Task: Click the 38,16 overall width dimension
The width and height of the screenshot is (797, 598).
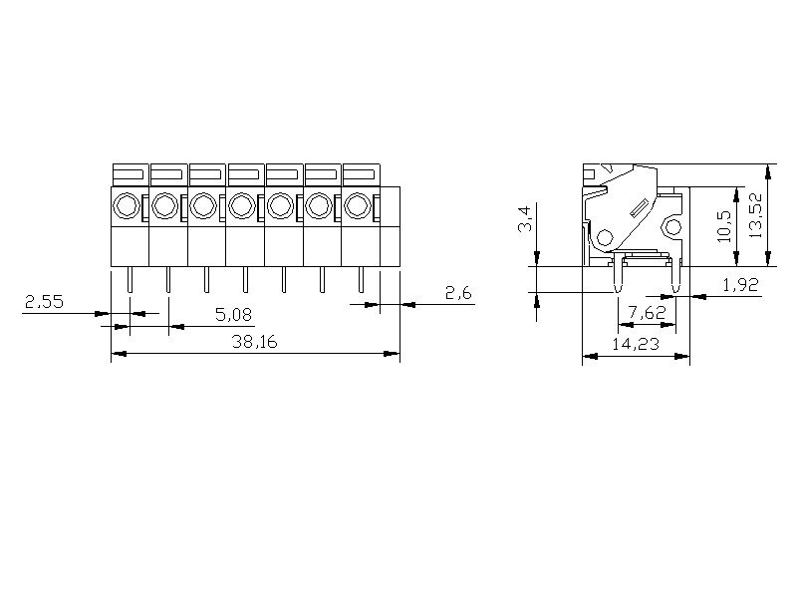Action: [x=255, y=342]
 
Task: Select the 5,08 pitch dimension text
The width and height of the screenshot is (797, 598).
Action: [x=234, y=315]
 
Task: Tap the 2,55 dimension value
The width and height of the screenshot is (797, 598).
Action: [x=44, y=302]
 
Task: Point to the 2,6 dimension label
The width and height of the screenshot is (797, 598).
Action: [x=458, y=293]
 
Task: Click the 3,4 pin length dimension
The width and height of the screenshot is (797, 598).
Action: [x=525, y=218]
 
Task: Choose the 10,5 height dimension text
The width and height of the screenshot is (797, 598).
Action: [x=724, y=226]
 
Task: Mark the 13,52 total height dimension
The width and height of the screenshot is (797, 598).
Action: [x=755, y=215]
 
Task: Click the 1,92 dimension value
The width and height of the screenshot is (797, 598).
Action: [x=740, y=285]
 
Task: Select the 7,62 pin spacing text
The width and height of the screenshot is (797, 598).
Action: [x=647, y=312]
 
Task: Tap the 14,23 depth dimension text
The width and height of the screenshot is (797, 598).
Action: [x=636, y=344]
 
